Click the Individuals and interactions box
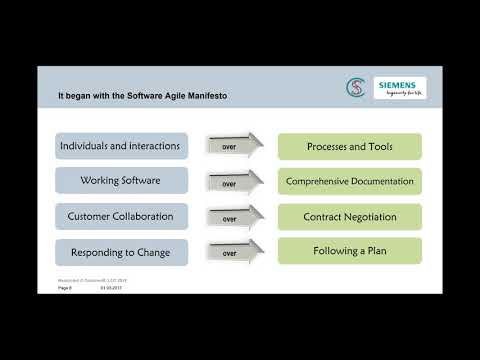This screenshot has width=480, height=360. [x=120, y=146]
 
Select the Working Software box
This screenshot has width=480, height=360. [x=120, y=181]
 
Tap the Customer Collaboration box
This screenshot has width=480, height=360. [x=120, y=216]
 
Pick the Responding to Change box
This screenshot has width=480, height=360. [x=120, y=252]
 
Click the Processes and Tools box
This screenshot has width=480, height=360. [x=349, y=146]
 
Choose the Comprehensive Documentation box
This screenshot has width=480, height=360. [x=349, y=181]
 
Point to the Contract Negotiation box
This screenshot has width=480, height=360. [x=349, y=216]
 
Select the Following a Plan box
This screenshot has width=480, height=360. [x=349, y=252]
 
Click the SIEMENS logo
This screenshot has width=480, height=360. [x=400, y=88]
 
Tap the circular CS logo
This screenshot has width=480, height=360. [x=354, y=88]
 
